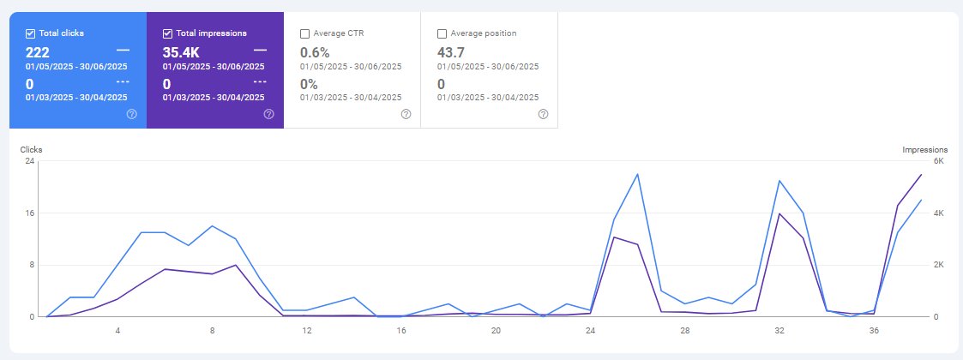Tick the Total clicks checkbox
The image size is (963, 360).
[30, 33]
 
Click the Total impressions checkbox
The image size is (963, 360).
[167, 33]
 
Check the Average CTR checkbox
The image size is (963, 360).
[304, 33]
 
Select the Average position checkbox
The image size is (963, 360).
[442, 33]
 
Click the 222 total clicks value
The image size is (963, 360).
[38, 52]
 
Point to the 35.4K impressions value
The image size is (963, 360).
[181, 52]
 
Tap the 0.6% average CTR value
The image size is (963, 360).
[315, 52]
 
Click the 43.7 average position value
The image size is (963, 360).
[451, 52]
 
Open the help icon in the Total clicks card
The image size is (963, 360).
[131, 114]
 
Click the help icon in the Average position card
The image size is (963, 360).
[543, 114]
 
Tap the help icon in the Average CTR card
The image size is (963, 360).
[406, 114]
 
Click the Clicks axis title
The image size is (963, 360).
[32, 149]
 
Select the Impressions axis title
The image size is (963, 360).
[925, 149]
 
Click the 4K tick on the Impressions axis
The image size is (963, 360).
[938, 213]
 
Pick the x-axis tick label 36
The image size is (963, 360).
[874, 331]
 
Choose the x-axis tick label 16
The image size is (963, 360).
[401, 331]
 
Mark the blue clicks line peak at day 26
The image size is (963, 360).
[637, 174]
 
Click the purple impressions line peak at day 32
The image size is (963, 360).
[779, 213]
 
